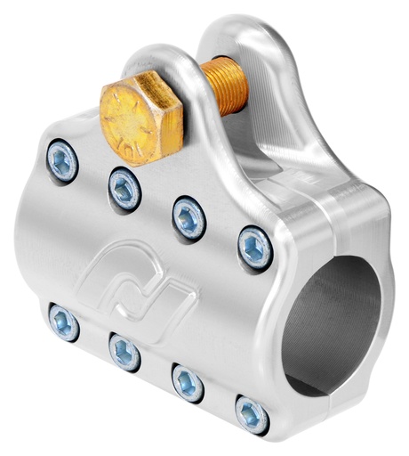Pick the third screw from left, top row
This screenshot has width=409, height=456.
pos(188,216)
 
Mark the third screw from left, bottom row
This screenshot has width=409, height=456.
pos(187,382)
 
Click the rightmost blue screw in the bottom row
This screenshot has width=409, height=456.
pos(252,414)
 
